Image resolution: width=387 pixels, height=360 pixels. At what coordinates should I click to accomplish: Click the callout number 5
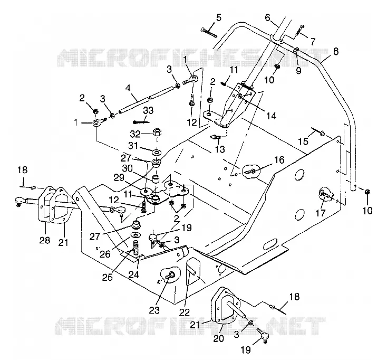218,18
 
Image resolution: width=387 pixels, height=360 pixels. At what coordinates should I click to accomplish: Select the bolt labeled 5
209,33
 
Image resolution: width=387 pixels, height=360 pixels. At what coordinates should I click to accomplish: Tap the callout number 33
148,110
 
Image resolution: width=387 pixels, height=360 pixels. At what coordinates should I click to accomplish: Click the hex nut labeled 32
157,132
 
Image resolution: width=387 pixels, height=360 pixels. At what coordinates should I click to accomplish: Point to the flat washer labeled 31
157,150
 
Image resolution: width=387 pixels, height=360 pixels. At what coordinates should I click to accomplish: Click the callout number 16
279,160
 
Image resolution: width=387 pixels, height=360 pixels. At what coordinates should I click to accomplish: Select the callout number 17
321,213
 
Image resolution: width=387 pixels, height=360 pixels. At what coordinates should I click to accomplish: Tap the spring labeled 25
136,248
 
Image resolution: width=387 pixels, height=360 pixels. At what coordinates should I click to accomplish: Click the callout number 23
154,310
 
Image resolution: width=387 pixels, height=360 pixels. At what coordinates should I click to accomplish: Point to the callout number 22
184,312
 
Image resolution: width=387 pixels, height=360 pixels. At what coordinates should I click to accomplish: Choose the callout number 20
218,338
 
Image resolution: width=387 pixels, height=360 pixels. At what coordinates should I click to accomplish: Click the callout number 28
45,240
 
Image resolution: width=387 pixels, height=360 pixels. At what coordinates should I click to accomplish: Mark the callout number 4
128,88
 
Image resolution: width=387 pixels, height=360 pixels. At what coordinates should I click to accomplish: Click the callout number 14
271,116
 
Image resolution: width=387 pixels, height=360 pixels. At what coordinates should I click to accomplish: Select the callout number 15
303,141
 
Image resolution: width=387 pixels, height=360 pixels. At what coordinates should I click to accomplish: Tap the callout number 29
119,178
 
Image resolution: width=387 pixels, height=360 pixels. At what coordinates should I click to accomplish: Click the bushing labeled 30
155,179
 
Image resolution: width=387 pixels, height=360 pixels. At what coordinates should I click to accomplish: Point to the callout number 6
268,17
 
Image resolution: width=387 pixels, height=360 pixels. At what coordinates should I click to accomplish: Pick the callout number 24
133,274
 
